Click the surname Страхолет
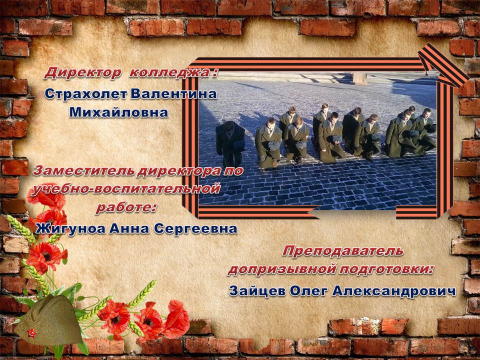[86, 93]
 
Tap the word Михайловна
[119, 112]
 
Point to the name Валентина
[173, 93]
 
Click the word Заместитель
[84, 171]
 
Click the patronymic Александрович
[394, 291]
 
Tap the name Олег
[308, 291]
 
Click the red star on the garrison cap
[31, 333]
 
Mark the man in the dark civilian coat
[230, 143]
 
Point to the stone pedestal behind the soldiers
[359, 78]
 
